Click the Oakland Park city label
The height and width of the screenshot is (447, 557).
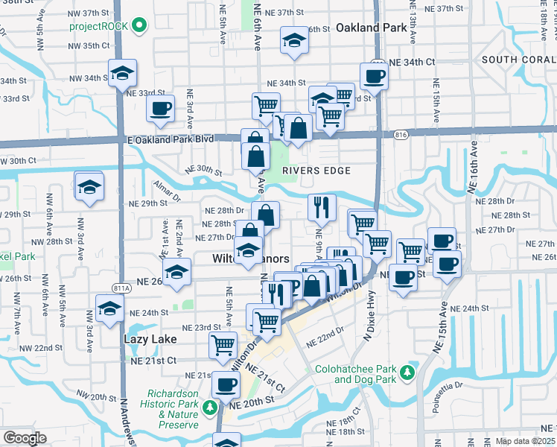(x=370, y=28)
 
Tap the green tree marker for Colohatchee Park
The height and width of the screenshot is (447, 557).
(x=407, y=371)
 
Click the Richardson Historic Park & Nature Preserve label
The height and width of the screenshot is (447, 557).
(x=172, y=408)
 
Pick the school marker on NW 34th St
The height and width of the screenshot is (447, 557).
(x=122, y=73)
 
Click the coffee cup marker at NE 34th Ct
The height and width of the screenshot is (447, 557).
(x=374, y=74)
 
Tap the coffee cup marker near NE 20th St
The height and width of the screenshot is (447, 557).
(x=226, y=384)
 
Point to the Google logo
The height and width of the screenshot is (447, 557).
(x=25, y=438)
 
